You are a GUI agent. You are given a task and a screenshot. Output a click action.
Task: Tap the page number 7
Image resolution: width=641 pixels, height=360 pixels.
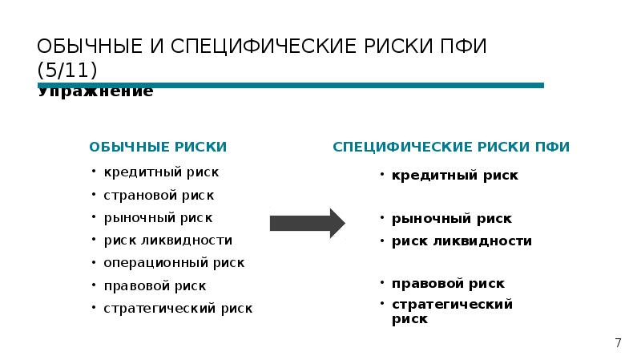(x=618, y=343)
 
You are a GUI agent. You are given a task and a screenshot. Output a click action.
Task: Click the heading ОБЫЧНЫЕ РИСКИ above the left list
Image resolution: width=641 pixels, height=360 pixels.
(x=158, y=147)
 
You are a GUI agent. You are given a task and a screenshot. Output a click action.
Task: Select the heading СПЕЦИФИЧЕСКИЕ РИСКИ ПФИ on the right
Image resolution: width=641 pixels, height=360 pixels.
(x=451, y=147)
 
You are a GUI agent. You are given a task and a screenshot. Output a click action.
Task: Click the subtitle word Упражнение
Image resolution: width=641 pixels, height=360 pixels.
(x=95, y=92)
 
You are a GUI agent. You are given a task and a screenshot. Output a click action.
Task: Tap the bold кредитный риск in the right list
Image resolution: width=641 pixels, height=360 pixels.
(x=454, y=175)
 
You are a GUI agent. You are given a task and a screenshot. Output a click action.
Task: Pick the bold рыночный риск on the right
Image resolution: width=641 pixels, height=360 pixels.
(x=451, y=219)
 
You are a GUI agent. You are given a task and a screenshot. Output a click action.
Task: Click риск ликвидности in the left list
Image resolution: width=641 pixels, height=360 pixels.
(x=167, y=240)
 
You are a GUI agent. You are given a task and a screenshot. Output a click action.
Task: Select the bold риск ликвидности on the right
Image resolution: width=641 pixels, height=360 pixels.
(x=461, y=241)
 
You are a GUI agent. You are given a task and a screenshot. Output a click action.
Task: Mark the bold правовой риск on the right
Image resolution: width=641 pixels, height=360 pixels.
(x=448, y=284)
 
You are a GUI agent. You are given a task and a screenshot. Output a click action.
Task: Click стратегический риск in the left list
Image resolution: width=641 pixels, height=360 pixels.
(x=177, y=308)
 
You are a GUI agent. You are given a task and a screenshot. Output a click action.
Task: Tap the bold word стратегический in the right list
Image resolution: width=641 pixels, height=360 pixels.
(x=451, y=305)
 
